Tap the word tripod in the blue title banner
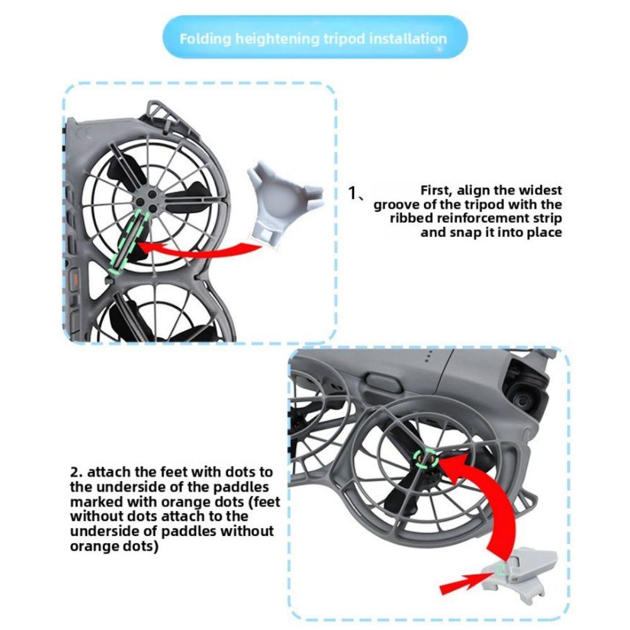coord(350,38)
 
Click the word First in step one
coord(437,190)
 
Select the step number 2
coord(75,472)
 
